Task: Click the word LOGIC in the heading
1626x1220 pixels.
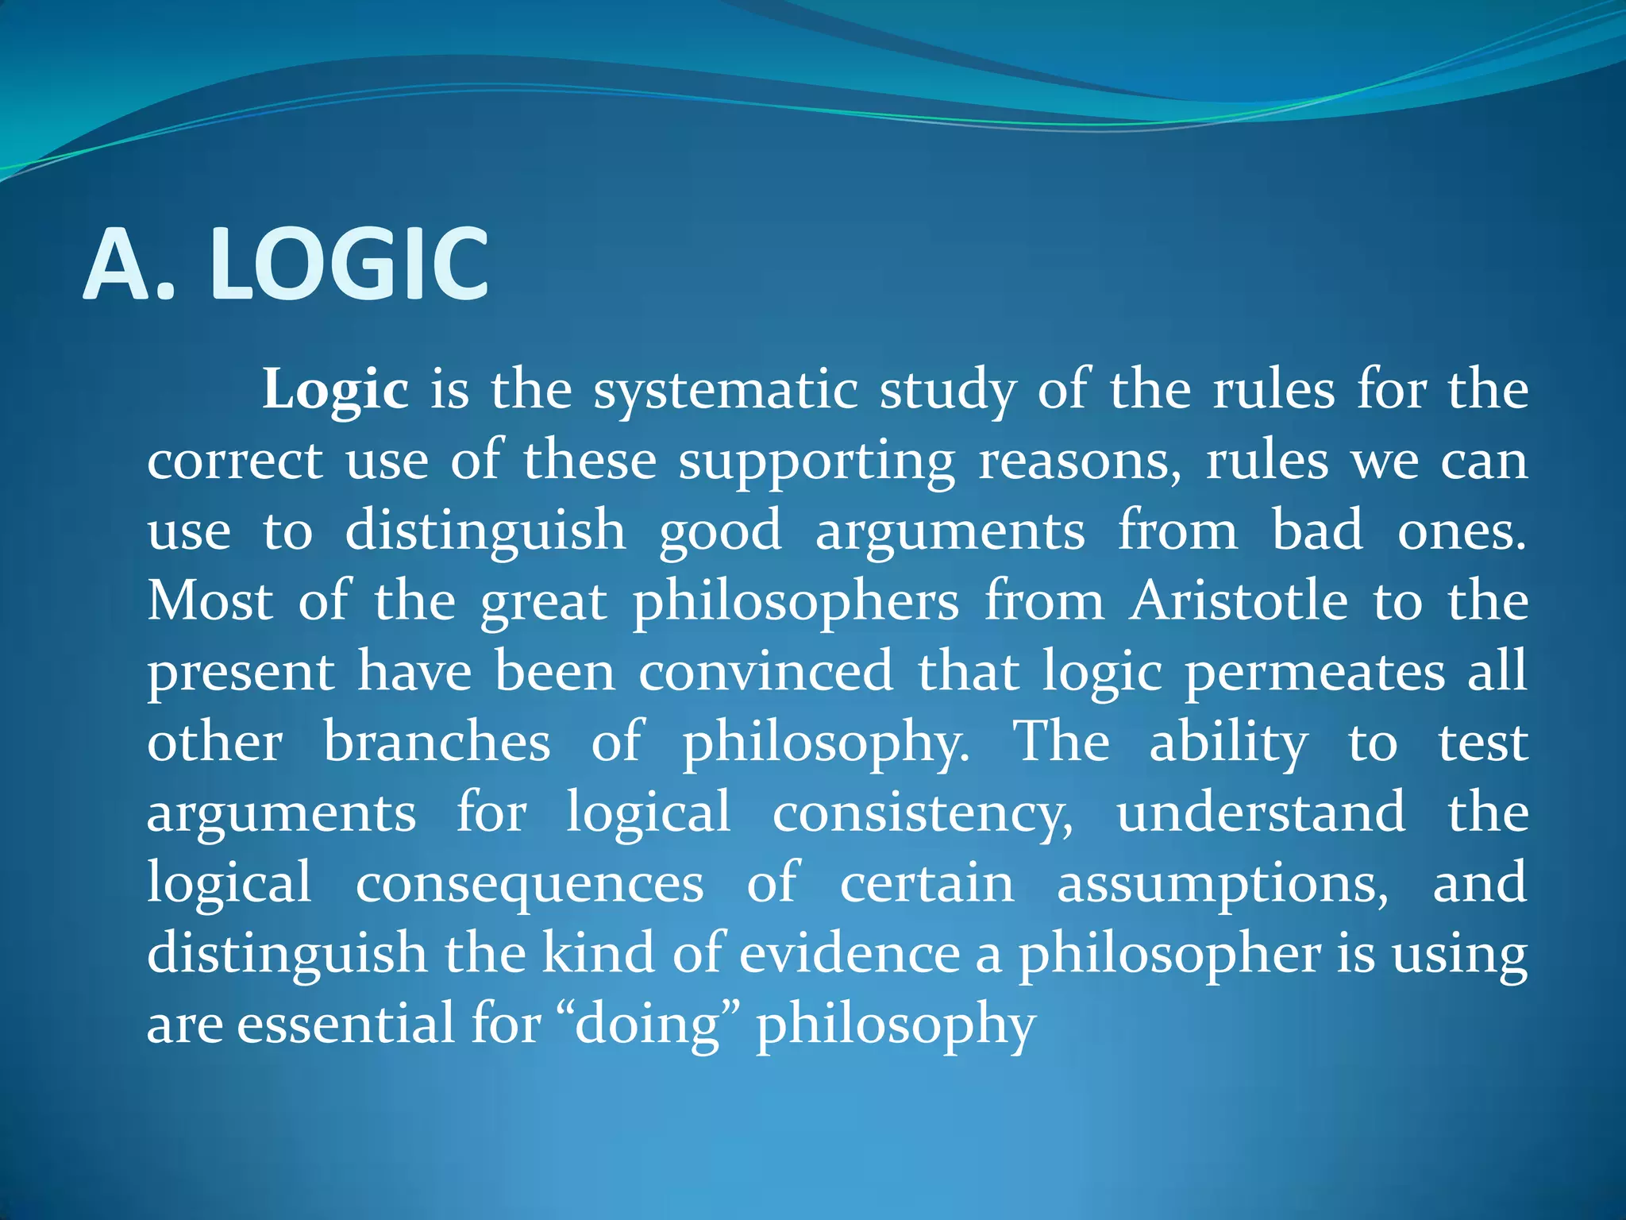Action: (x=349, y=264)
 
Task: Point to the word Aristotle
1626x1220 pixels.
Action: (x=1239, y=601)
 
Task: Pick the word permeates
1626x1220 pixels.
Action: (x=1315, y=672)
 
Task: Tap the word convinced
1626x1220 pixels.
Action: (x=766, y=672)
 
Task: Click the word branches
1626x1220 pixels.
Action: (x=437, y=743)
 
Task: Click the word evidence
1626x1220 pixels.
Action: (x=850, y=953)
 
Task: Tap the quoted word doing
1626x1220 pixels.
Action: (x=647, y=1025)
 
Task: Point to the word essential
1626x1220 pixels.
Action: (x=346, y=1023)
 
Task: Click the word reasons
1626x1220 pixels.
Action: (x=1079, y=461)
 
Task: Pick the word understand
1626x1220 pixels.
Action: (x=1261, y=813)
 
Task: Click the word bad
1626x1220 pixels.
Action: (x=1317, y=531)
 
